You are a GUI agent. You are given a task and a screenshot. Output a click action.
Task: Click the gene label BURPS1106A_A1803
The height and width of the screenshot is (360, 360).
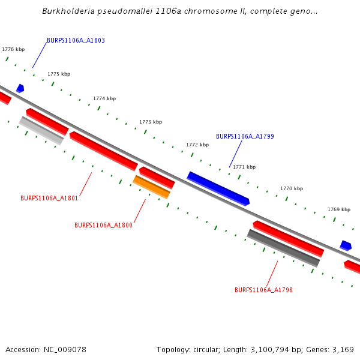coord(76,41)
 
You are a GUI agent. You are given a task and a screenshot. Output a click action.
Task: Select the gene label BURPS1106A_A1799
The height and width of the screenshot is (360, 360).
coord(245,137)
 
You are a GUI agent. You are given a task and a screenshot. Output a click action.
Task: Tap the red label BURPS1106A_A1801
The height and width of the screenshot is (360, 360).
coord(49,198)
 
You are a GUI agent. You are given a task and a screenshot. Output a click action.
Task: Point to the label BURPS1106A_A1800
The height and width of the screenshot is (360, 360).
coord(103,226)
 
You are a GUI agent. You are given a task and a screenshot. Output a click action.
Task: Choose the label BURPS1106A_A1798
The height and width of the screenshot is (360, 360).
coord(263,290)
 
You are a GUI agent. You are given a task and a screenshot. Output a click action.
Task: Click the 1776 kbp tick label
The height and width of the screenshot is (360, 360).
coord(13,49)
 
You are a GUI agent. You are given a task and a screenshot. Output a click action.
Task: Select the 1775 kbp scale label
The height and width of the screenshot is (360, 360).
coord(59,74)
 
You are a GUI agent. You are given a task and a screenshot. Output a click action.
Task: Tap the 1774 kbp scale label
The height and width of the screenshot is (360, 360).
coord(104,98)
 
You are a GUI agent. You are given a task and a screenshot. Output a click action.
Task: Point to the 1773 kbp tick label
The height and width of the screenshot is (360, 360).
coord(151,122)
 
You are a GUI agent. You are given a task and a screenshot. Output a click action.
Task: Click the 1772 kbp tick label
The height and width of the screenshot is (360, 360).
coord(197,145)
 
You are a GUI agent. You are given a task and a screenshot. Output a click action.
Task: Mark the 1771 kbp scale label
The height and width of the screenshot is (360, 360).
coord(244,167)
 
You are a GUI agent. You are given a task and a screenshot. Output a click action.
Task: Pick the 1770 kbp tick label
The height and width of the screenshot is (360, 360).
coord(292,188)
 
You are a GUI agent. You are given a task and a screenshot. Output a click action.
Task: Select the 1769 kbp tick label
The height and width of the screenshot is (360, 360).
coord(339,210)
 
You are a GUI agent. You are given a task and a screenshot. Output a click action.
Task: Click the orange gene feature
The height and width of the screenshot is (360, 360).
coord(151,187)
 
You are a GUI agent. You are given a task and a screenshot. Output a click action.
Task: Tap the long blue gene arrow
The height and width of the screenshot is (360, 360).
coord(218,188)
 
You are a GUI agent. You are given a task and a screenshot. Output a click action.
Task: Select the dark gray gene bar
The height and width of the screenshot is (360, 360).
coord(283,248)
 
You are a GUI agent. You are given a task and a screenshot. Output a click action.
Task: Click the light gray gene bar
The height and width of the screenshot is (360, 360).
coord(41,130)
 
